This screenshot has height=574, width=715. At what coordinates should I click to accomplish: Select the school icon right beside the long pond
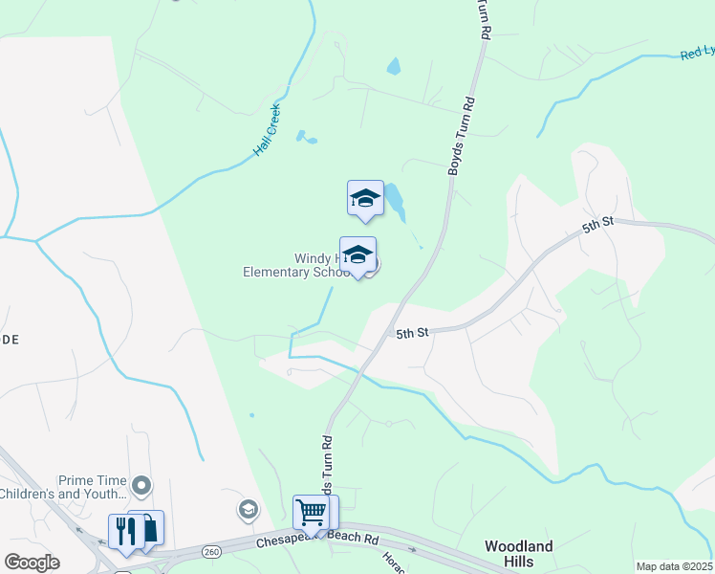pos(364,198)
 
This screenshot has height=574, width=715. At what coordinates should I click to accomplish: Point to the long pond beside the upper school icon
pos(394,201)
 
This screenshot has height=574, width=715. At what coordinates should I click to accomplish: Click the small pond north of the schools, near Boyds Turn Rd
pos(394,67)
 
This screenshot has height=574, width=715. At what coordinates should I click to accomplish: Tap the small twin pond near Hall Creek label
pos(305,138)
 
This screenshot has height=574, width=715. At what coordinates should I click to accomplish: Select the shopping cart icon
pos(311,512)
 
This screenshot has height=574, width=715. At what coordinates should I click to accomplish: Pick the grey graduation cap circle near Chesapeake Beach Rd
pos(249,508)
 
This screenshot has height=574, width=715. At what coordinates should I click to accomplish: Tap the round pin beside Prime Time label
pos(142,487)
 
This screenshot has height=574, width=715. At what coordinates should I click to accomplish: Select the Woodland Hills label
pos(518,553)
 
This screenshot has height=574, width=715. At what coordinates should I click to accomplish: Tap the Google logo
pos(32,562)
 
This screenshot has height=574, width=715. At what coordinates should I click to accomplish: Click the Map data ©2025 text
pos(674,566)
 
